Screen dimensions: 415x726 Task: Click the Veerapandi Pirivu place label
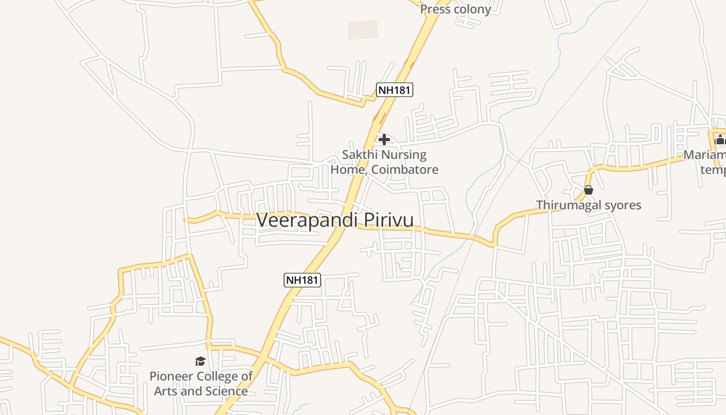coord(335,220)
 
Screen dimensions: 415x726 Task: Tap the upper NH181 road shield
coord(394,90)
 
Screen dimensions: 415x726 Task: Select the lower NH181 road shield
coord(303,280)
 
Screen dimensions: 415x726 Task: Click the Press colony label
coord(455,9)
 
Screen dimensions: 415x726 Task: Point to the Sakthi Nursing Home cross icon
coord(384,140)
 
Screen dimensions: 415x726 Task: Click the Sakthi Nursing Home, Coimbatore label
coord(384,162)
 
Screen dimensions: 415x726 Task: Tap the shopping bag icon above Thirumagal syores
coord(589,190)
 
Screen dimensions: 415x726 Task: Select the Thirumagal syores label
coord(589,205)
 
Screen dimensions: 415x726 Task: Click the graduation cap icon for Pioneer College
coord(200,361)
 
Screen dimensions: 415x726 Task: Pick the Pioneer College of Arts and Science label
coord(201,383)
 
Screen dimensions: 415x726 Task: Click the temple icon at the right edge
coord(720,140)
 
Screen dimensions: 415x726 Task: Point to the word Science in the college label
coord(225,391)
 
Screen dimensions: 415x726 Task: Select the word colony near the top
coord(472,9)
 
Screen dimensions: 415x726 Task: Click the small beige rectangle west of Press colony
coord(362,30)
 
